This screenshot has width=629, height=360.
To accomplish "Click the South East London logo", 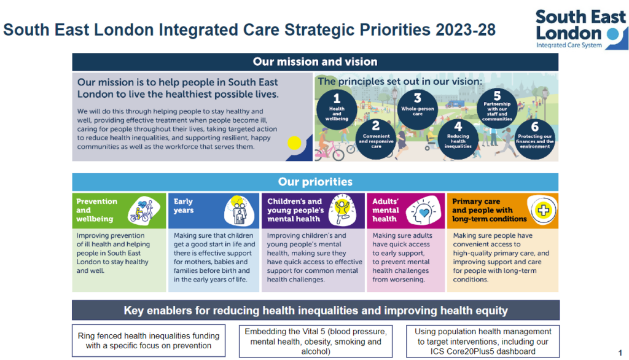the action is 582,29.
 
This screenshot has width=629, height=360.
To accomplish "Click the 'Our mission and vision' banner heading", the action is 315,62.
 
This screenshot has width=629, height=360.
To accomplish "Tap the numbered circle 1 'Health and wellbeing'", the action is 337,109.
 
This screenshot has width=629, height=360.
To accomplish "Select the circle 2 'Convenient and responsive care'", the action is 376,139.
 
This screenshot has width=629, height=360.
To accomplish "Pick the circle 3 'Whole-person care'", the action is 418,109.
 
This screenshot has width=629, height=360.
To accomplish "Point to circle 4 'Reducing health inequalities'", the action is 458,139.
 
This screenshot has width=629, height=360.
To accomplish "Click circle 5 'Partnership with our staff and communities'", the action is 497,108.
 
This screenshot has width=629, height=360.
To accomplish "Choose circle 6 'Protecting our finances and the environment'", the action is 535,139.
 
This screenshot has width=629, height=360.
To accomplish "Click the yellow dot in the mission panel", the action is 294,143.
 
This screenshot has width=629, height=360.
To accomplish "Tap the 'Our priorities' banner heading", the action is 315,182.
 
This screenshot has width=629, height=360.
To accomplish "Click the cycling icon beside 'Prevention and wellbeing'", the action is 144,211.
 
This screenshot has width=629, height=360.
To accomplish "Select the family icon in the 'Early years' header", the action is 240,211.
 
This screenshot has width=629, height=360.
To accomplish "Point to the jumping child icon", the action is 342,210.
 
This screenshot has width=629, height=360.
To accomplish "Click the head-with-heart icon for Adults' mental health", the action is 424,211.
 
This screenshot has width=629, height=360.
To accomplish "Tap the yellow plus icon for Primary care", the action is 543,210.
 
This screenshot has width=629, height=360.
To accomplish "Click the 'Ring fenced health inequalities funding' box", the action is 149,341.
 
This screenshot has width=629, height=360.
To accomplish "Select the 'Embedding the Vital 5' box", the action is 316,341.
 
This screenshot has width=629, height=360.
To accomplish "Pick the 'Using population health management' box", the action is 483,341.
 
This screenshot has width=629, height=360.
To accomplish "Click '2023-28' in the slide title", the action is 466,30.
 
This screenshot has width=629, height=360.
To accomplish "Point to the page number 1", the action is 620,353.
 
